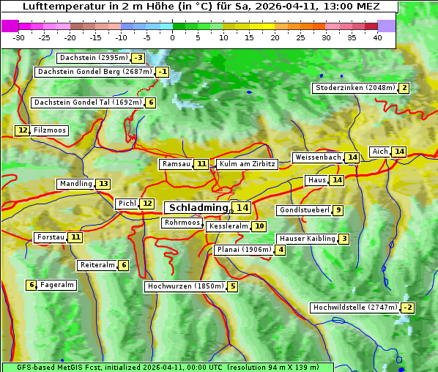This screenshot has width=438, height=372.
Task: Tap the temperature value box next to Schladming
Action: point(242,208)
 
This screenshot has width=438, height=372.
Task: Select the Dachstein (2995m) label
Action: point(93,58)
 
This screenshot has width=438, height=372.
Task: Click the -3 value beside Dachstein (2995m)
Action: point(138,58)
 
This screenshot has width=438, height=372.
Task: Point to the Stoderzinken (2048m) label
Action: point(355,88)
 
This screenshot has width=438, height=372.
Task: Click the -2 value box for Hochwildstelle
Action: point(408,308)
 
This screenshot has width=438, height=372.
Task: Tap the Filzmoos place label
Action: point(50,130)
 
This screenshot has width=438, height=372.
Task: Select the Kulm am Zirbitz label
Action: point(247,164)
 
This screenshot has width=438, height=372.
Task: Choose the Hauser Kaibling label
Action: point(307,239)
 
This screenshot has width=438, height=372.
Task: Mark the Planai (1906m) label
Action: point(244,250)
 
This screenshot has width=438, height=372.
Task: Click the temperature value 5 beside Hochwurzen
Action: point(232,286)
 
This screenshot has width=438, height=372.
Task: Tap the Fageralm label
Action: point(57,285)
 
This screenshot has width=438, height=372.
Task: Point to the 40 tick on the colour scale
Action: point(377,37)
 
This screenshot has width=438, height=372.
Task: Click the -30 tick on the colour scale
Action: point(20,37)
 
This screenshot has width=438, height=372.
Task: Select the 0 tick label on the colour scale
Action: point(173,37)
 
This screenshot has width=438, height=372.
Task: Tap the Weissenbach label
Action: point(318,157)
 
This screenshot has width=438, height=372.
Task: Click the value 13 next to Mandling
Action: point(103,184)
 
